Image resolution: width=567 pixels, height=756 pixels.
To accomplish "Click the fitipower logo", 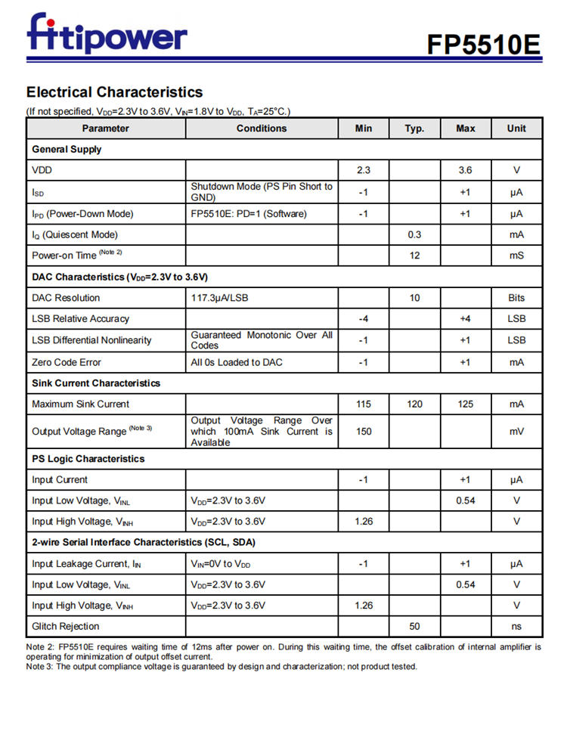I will coord(107,34).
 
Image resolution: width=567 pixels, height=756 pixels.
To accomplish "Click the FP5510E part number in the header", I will coord(484,45).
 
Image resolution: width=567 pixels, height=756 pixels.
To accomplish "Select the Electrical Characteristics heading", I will coord(114,92).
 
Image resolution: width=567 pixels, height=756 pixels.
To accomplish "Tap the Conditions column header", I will coord(262,129).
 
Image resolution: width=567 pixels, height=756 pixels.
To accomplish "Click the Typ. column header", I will coord(414,129).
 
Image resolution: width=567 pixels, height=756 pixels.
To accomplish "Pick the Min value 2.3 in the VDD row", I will coord(363,171).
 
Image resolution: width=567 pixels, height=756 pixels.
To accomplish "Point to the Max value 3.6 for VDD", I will coord(465,171).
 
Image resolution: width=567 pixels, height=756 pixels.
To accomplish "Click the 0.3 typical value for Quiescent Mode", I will coord(414,234).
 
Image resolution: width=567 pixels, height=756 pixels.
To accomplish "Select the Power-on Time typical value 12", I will coord(414,256).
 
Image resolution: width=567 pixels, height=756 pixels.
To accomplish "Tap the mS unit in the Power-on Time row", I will coord(516,256).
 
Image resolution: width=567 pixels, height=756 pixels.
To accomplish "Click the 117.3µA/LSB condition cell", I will coord(219,298).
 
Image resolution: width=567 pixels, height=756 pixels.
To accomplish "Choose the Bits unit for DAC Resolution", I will coord(516,298).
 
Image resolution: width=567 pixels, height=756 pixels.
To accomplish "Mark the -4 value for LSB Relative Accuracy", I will coord(363,319).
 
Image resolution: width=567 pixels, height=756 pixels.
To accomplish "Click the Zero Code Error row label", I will coord(67,362).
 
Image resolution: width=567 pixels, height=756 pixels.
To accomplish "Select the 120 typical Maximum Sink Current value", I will coord(414,404).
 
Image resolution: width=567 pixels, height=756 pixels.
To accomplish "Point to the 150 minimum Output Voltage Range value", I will coord(363,432).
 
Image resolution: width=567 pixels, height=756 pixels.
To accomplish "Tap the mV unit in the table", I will coord(516,432).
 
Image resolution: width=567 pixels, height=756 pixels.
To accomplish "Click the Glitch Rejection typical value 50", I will coord(414,626).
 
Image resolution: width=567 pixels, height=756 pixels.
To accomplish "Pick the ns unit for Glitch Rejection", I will coord(516,626).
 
